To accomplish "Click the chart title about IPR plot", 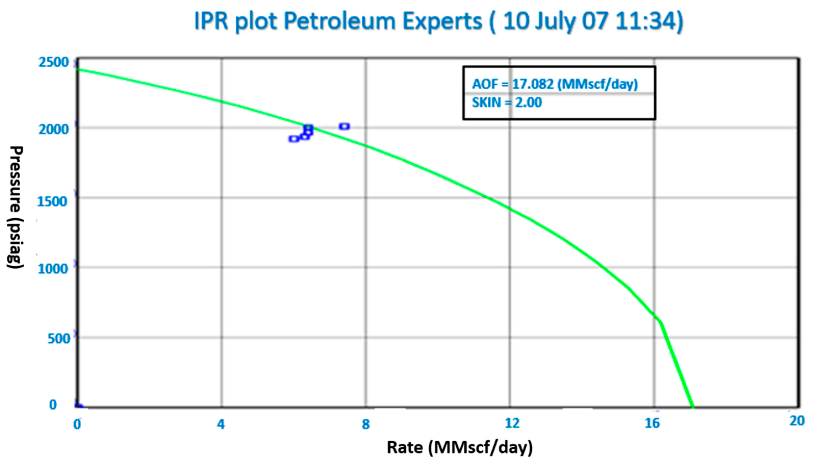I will coord(439,22).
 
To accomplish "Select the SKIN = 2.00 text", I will coord(507,102).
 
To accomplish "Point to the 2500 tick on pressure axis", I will coord(54,62).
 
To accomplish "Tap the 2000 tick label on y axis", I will coord(54,130).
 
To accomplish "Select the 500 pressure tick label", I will coord(59,339).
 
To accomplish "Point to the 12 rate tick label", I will coord(512,423).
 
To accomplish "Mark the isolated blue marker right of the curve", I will coord(344,126).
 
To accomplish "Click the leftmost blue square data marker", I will coord(294,139).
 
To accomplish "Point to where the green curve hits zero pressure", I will coord(692,407).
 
